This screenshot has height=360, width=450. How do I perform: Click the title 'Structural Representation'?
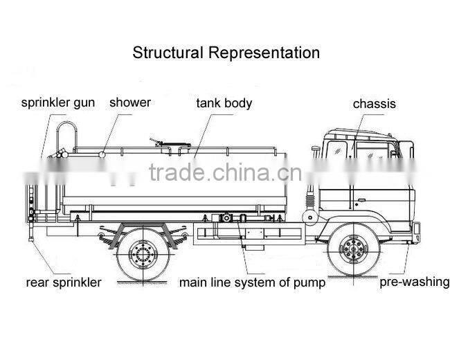tap(226, 53)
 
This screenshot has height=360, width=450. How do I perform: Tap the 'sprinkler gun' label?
tap(58, 103)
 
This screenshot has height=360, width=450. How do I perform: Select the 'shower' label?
tap(129, 102)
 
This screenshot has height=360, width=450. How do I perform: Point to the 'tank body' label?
tap(224, 103)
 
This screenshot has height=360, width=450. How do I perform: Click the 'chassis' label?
tap(375, 104)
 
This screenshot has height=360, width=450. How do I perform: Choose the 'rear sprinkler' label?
tap(64, 282)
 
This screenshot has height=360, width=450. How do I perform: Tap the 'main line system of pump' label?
tap(252, 282)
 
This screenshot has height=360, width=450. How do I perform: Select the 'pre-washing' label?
tap(414, 282)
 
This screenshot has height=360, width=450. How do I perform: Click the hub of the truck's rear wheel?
tap(144, 252)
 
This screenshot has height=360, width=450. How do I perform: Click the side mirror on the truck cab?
tap(316, 150)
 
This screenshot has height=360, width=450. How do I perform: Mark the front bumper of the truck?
tap(415, 232)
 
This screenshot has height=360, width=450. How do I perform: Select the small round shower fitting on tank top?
tap(102, 153)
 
